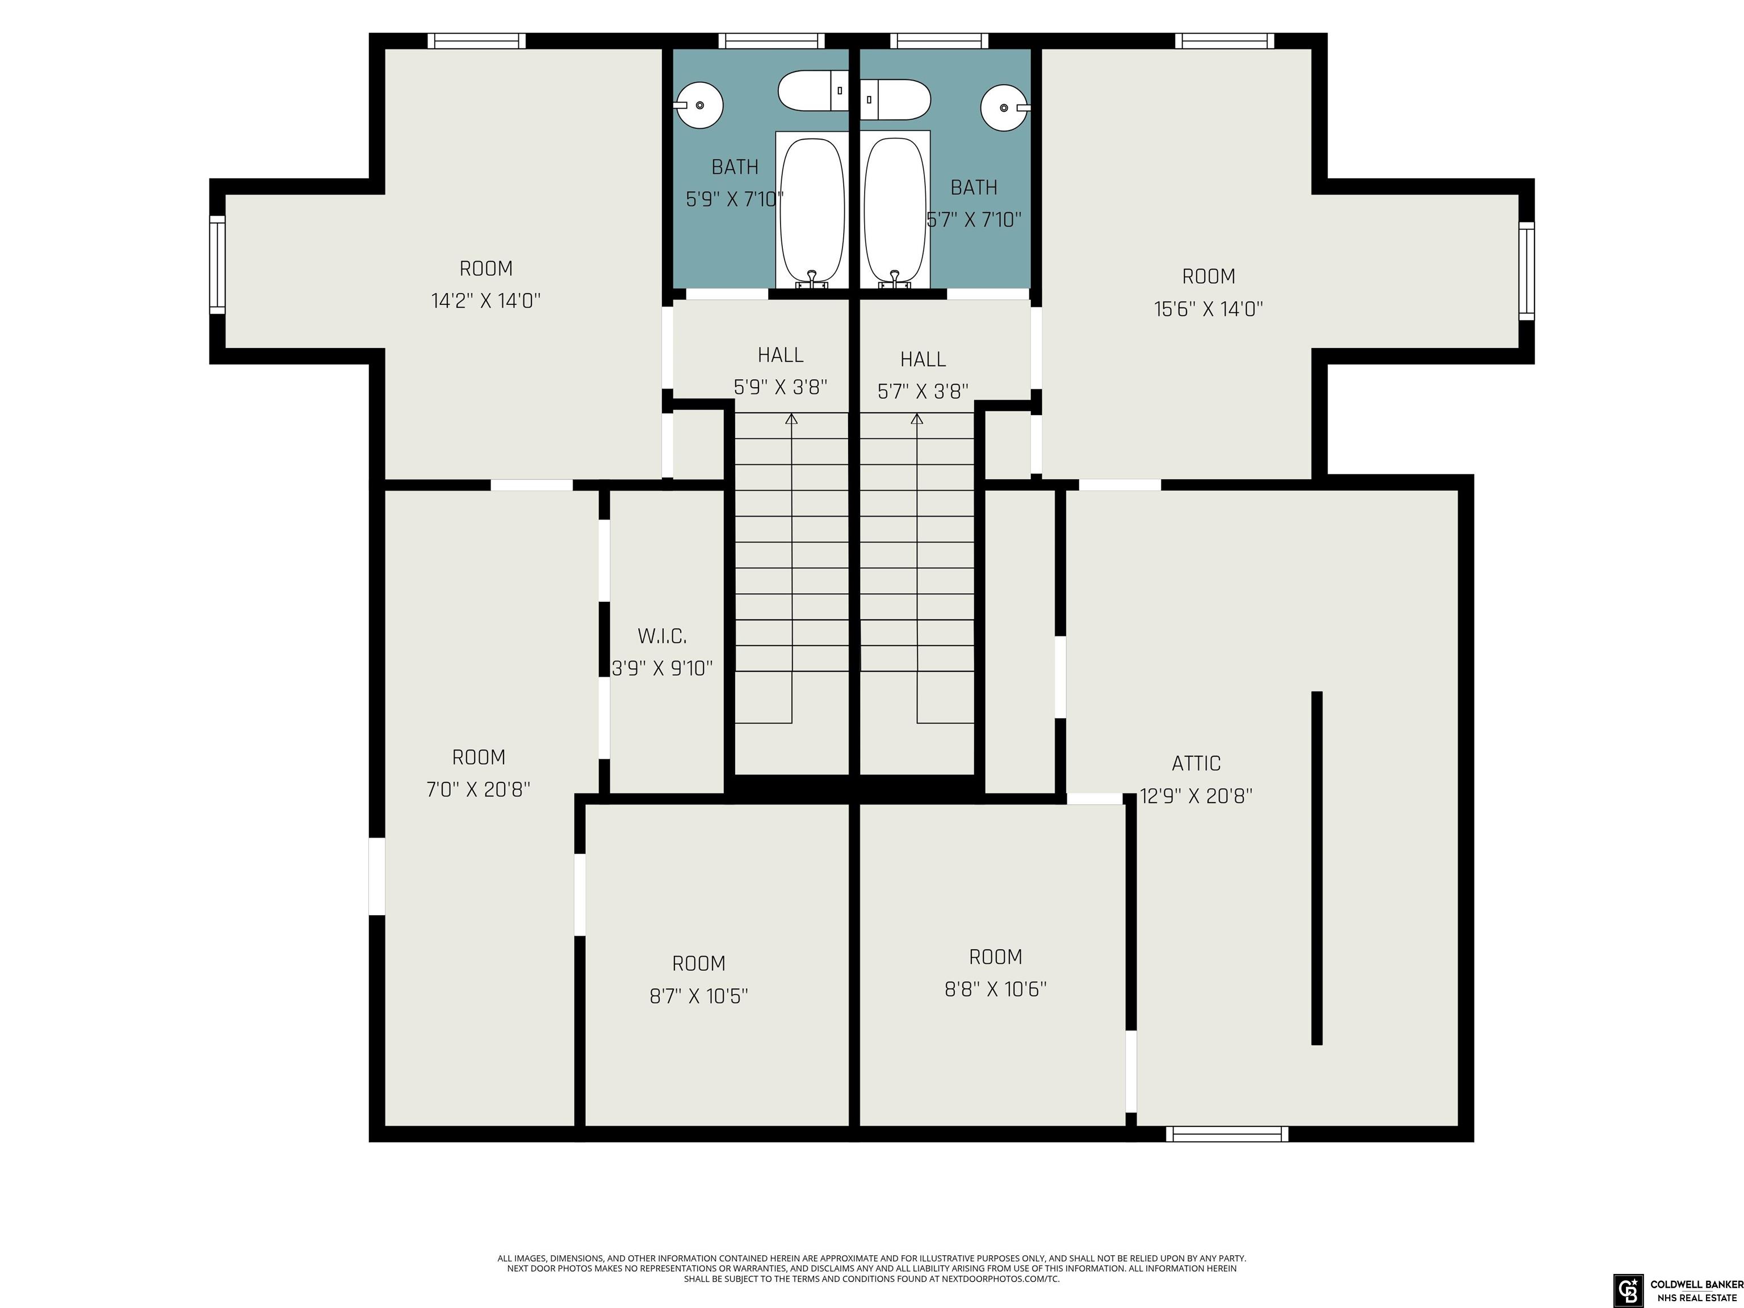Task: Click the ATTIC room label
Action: coord(1196,763)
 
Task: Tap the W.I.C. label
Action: coord(661,635)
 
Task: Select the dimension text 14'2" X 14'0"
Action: coord(485,300)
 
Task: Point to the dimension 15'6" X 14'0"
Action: coord(1209,308)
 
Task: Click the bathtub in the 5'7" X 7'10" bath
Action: coord(895,209)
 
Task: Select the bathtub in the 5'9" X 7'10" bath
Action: coord(812,209)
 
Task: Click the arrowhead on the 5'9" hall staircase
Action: coord(791,418)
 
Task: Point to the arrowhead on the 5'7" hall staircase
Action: coord(917,418)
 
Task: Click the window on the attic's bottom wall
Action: coord(1227,1134)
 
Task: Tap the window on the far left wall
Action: coord(217,264)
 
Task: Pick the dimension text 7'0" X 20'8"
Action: coord(479,789)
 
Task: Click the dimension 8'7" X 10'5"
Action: coord(698,996)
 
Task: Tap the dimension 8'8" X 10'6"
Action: coord(996,989)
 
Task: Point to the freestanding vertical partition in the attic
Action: coord(1317,868)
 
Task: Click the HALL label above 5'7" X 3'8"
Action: coord(923,359)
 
